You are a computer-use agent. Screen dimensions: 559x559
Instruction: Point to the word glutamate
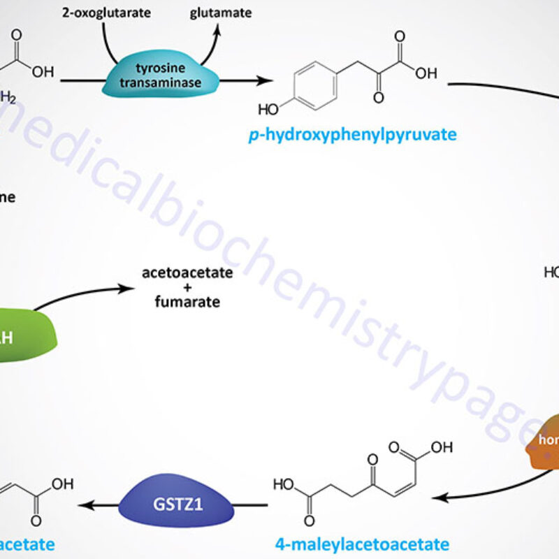pos(221,13)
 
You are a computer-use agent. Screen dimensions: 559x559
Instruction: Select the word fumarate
pos(187,302)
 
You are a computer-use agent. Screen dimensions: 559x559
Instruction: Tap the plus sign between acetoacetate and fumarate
pos(187,287)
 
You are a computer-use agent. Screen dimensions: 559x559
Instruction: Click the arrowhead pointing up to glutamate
pos(217,30)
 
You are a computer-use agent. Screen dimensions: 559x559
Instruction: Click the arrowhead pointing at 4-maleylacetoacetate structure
pos(437,497)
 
